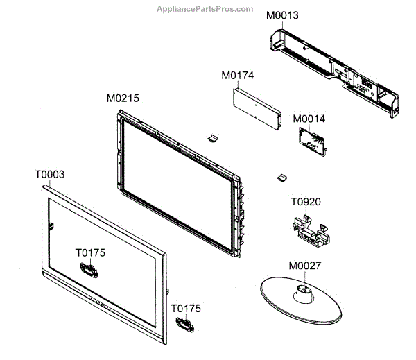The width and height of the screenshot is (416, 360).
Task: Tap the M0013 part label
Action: [x=283, y=15]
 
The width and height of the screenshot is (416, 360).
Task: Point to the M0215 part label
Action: [x=123, y=98]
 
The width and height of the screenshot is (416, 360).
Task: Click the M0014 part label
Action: [x=309, y=119]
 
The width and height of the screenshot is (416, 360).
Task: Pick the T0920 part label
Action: [x=306, y=202]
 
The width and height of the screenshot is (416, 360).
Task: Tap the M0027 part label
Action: [x=304, y=266]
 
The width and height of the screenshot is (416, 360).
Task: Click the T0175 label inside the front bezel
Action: [x=90, y=253]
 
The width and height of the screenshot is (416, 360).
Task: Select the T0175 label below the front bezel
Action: [x=187, y=307]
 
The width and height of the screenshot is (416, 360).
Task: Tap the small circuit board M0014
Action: [x=310, y=143]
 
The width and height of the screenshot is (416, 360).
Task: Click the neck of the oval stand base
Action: [x=304, y=295]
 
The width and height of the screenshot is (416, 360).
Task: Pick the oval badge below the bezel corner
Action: [x=184, y=323]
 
